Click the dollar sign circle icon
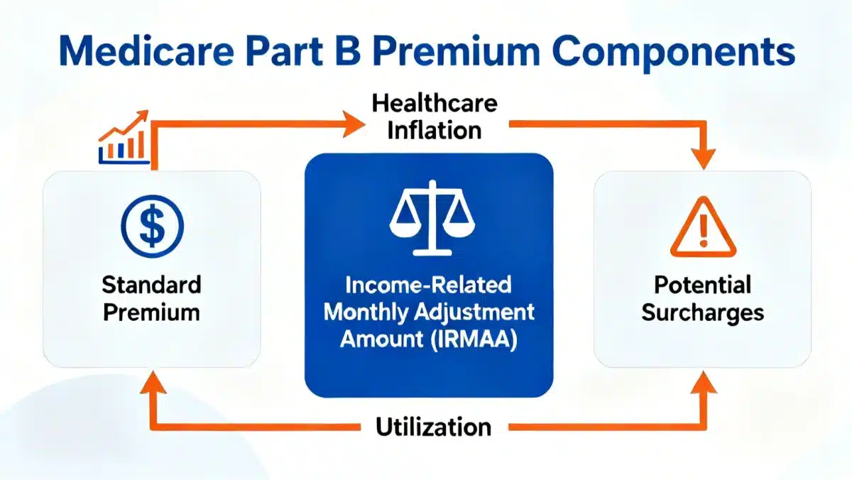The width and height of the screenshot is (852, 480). point(151,226)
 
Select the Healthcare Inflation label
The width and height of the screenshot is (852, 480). point(434,117)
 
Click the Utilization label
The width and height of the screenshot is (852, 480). point(433,427)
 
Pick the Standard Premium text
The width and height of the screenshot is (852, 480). point(151,299)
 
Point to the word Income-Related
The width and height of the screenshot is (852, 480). point(428,285)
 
